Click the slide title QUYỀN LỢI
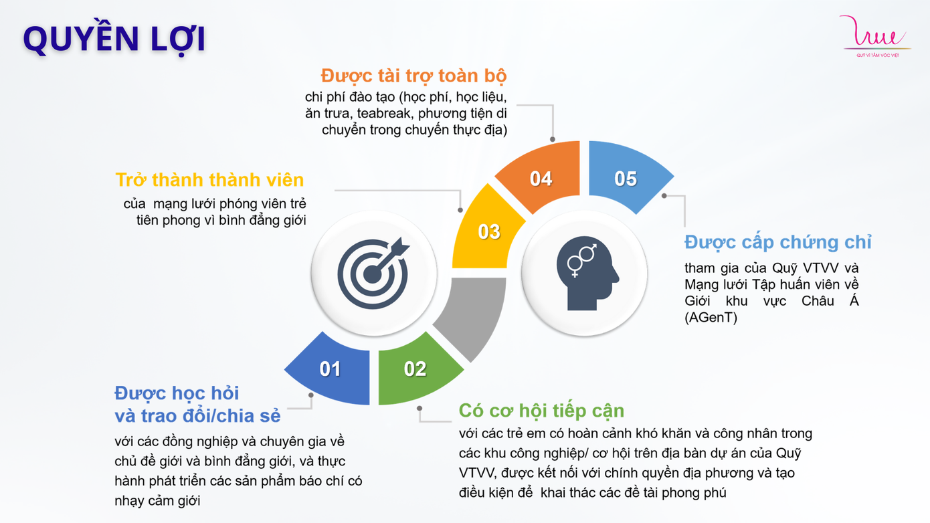(114, 39)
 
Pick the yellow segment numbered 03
(488, 231)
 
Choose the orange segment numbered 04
(541, 178)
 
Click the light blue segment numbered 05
(627, 177)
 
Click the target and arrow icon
(373, 273)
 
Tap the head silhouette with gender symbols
(584, 273)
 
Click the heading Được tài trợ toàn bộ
(413, 75)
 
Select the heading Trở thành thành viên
(209, 180)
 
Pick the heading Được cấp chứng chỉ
(777, 241)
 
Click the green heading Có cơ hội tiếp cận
(541, 410)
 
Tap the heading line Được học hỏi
(177, 393)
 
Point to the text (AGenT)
(711, 318)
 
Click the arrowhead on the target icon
(399, 247)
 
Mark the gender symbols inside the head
(581, 259)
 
